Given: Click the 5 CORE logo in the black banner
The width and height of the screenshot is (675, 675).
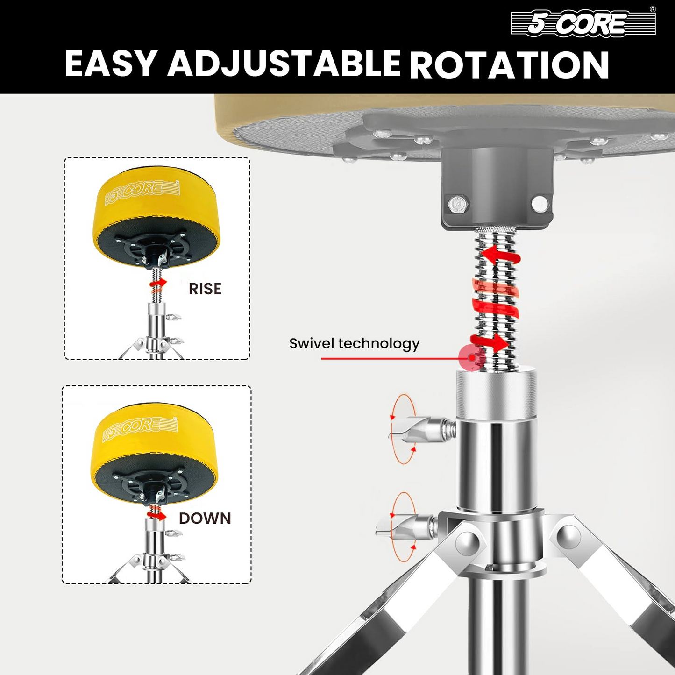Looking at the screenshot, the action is click(583, 22).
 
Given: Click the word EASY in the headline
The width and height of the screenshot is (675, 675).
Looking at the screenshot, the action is click(110, 64).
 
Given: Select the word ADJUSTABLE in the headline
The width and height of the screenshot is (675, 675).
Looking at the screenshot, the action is click(284, 64).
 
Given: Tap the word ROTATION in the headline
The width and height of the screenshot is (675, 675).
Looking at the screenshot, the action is click(510, 64).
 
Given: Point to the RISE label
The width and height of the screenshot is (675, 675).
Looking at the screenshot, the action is click(205, 289).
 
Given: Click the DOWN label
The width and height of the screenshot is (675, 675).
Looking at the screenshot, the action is click(205, 519).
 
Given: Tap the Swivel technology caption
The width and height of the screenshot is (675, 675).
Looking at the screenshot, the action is click(354, 344).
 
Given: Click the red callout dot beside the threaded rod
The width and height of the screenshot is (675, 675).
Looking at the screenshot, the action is click(472, 358).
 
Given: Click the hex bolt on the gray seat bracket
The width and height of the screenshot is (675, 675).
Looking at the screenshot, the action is click(458, 203).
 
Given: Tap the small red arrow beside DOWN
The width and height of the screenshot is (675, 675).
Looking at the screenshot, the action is click(156, 515).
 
